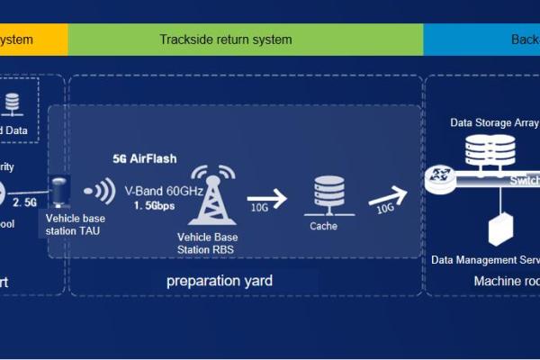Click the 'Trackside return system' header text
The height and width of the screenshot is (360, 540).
226,40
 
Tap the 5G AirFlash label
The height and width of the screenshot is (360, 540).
145,158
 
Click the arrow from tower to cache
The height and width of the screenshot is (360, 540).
267,198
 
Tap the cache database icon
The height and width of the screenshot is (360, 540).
323,195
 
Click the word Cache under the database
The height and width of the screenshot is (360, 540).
323,226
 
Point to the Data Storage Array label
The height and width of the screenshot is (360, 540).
493,122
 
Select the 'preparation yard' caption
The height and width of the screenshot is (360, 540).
219,282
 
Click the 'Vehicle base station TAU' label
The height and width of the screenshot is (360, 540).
75,224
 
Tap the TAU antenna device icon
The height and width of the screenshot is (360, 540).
62,192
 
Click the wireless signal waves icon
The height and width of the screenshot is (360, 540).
100,192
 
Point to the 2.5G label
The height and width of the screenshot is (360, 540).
25,202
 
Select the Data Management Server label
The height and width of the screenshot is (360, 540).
487,260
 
